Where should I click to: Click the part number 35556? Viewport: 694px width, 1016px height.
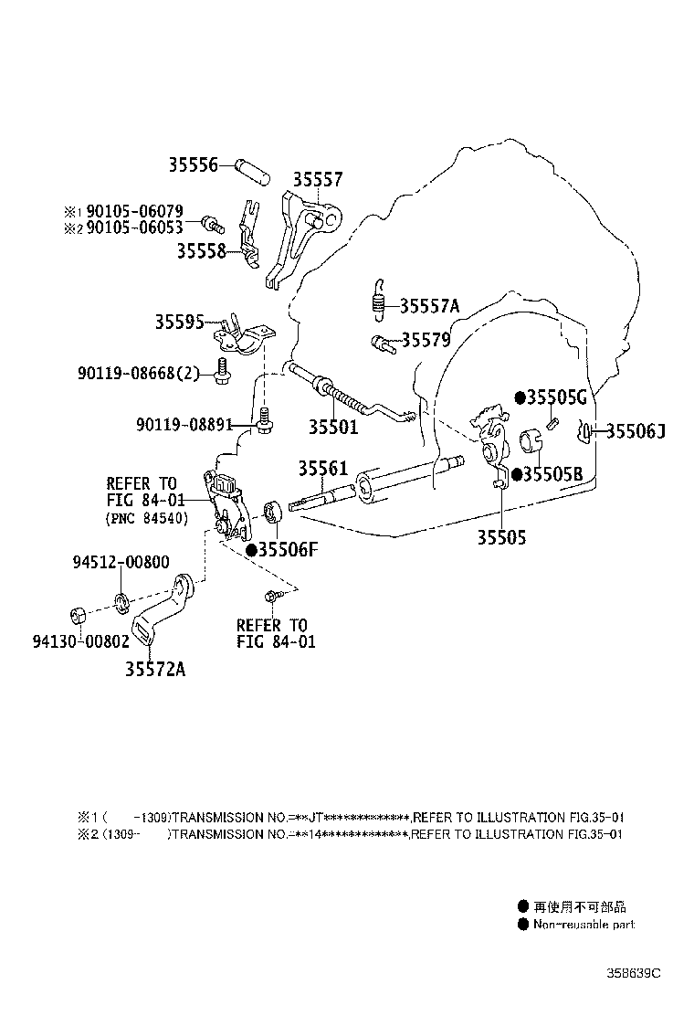pyautogui.click(x=193, y=165)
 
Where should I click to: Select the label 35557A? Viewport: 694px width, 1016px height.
pyautogui.click(x=429, y=306)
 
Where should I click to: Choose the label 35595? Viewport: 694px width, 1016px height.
pyautogui.click(x=179, y=322)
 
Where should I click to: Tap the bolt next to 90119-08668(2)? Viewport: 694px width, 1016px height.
pyautogui.click(x=222, y=369)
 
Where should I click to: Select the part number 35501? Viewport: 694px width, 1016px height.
pyautogui.click(x=332, y=427)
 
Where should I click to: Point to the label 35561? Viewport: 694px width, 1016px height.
pyautogui.click(x=322, y=468)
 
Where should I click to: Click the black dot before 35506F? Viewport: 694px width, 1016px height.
pyautogui.click(x=252, y=550)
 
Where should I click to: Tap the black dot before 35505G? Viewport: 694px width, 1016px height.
pyautogui.click(x=520, y=397)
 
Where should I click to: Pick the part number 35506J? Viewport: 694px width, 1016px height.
pyautogui.click(x=635, y=431)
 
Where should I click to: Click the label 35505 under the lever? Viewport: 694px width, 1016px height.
pyautogui.click(x=501, y=537)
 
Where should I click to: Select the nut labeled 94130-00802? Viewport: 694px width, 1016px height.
pyautogui.click(x=79, y=613)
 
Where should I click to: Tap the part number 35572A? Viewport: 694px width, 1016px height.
pyautogui.click(x=155, y=669)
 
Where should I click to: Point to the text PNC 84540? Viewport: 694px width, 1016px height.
pyautogui.click(x=147, y=519)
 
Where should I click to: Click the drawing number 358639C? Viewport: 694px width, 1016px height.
pyautogui.click(x=633, y=972)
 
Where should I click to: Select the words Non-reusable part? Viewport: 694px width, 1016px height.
pyautogui.click(x=584, y=925)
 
